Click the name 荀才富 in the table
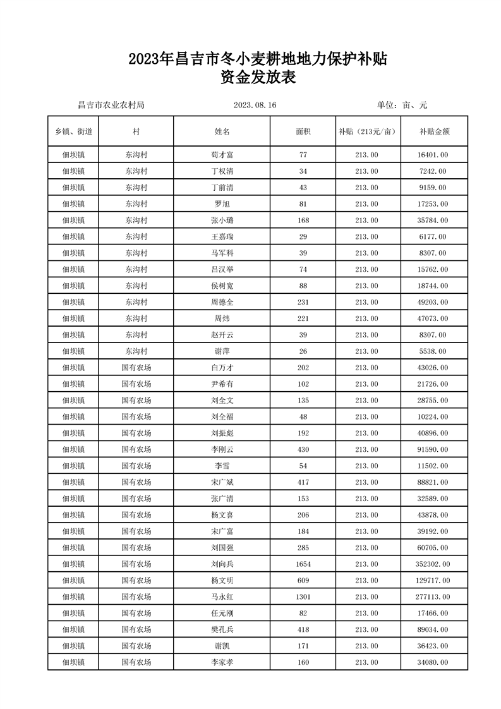coord(222,154)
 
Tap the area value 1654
coord(303,564)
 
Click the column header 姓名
coord(222,131)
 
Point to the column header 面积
coord(303,131)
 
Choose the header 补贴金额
coord(434,131)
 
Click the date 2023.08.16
coord(255,106)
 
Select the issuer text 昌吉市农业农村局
coord(111,106)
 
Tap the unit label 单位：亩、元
coord(402,106)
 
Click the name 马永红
coord(222,597)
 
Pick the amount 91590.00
coord(433,449)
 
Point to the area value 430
coord(303,449)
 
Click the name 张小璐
coord(222,220)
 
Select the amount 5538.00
coord(433,351)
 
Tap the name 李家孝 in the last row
coord(222,662)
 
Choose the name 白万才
coord(222,367)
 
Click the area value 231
coord(303,302)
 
